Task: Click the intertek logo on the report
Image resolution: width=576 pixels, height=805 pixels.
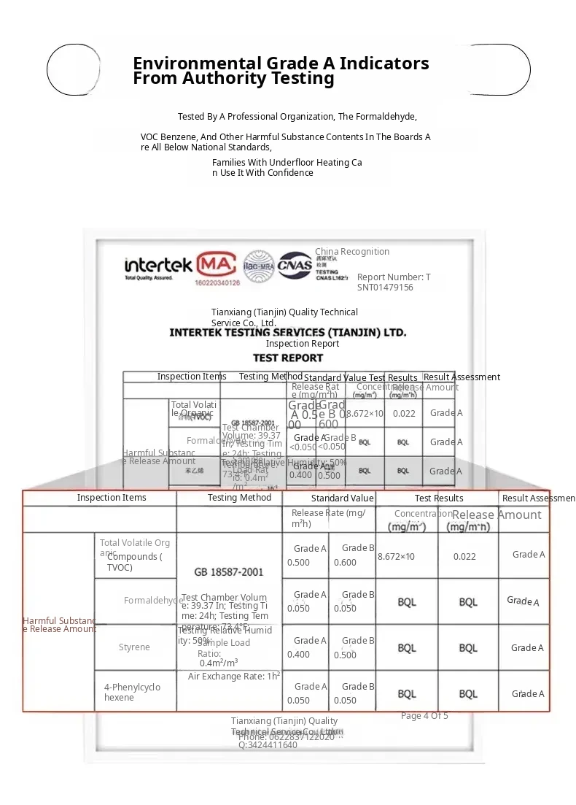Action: click(x=158, y=266)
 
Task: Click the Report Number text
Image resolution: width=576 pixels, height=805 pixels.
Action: click(x=394, y=282)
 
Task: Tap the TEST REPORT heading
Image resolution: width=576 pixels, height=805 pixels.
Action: click(x=287, y=358)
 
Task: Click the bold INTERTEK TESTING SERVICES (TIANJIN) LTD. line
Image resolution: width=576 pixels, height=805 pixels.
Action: click(x=287, y=332)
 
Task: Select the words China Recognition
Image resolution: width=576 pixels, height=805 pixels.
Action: click(x=352, y=252)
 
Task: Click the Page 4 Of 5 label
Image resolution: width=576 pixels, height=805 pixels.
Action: click(x=424, y=716)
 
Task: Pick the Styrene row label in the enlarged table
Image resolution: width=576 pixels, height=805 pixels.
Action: click(x=134, y=647)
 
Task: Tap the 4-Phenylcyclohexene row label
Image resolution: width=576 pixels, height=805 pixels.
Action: click(x=132, y=692)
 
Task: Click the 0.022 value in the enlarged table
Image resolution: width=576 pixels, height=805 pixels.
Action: click(x=464, y=557)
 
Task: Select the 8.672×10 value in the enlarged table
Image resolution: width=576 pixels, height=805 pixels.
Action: click(x=396, y=557)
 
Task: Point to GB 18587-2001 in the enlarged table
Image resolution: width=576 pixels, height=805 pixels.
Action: click(x=229, y=572)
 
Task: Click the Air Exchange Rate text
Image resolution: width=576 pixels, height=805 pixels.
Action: click(x=233, y=677)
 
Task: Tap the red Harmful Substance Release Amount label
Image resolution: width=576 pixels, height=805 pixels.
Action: click(x=59, y=625)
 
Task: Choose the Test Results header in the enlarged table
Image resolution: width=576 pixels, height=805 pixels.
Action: click(x=439, y=498)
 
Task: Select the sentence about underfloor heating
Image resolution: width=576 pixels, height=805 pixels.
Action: click(x=287, y=168)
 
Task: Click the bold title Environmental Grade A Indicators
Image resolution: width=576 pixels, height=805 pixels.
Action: click(x=281, y=63)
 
